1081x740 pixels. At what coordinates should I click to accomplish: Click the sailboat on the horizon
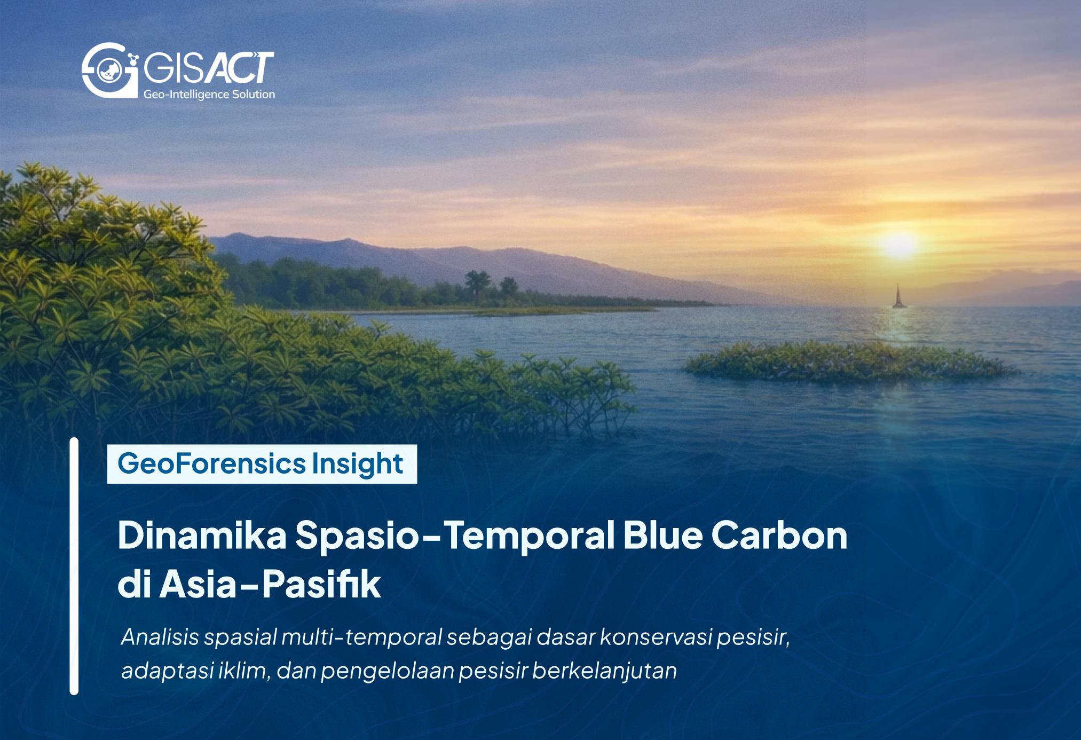[x=898, y=297]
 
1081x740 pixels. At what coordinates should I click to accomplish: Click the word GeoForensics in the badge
[x=211, y=463]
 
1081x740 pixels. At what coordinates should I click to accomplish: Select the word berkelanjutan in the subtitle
[x=604, y=671]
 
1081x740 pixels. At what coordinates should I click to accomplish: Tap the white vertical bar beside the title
[x=74, y=566]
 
